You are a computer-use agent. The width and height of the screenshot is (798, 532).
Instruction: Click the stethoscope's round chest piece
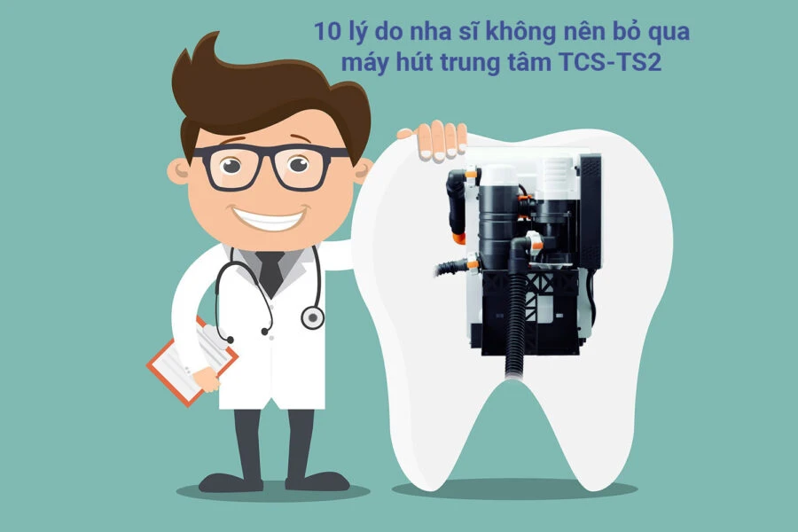[312, 317]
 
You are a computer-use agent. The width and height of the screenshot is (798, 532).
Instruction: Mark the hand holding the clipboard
[206, 379]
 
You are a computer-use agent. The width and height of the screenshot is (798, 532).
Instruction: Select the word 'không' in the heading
[523, 32]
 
